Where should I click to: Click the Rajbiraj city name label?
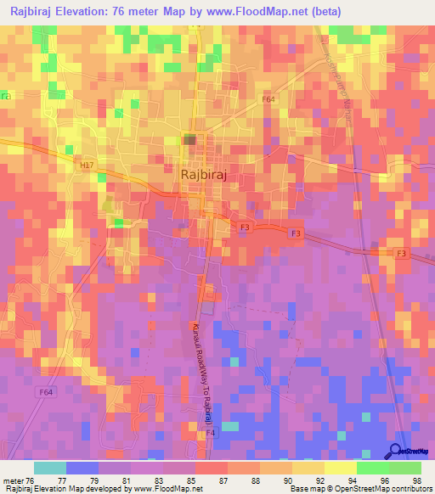[x=207, y=173]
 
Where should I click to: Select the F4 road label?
[x=211, y=435]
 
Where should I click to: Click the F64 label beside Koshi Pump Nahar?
[x=269, y=99]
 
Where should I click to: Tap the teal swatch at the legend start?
[x=50, y=468]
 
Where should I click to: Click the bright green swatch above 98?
[x=405, y=468]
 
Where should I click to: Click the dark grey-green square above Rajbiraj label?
[x=191, y=140]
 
